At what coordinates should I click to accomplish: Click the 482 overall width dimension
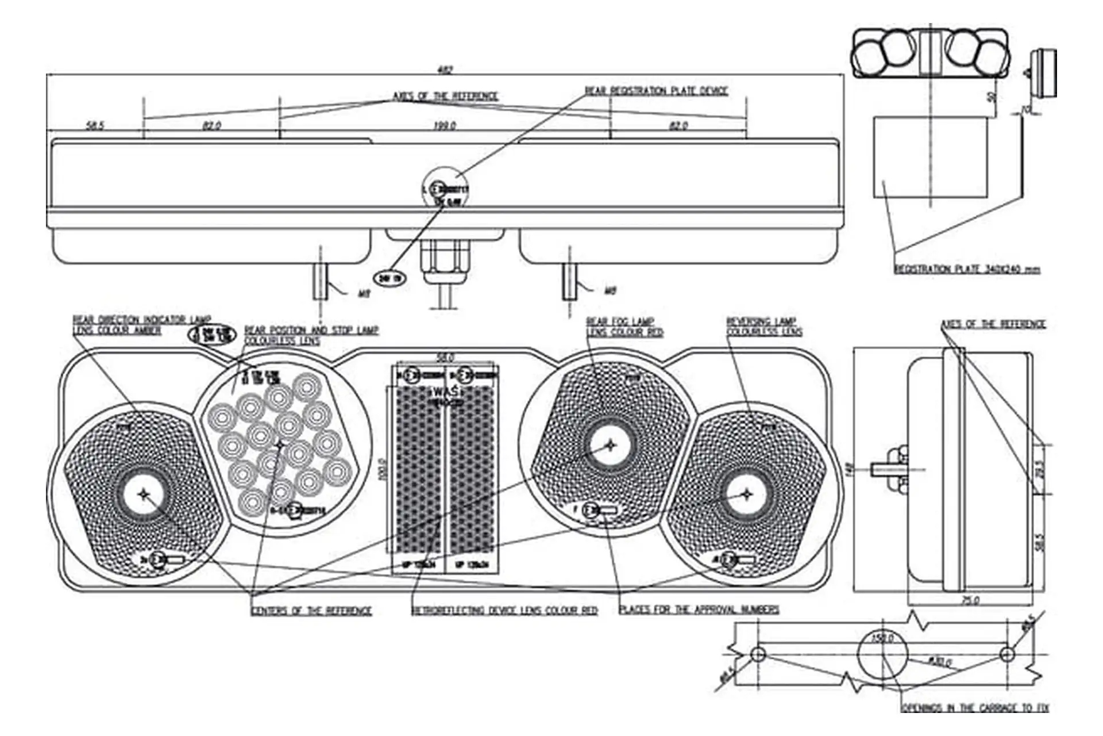445,70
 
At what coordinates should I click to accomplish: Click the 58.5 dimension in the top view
95,125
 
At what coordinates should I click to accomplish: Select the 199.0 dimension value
445,125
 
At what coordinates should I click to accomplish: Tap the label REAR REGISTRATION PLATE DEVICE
656,91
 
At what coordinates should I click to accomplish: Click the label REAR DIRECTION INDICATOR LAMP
142,319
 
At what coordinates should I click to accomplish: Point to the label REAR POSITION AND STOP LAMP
311,330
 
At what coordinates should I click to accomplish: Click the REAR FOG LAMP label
620,321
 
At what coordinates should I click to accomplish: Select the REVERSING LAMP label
761,321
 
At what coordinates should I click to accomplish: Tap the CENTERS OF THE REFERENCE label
311,611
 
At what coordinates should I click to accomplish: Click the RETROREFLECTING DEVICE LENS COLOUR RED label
504,610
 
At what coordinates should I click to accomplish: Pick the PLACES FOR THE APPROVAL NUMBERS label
699,609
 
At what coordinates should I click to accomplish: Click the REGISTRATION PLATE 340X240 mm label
967,269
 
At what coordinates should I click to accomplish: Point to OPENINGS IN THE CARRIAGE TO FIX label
975,708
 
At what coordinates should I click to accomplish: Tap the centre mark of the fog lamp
611,445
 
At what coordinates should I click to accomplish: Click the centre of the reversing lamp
746,494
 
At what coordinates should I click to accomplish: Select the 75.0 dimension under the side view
970,600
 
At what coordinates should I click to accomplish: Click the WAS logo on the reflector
445,392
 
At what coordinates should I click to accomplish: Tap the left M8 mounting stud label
363,293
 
